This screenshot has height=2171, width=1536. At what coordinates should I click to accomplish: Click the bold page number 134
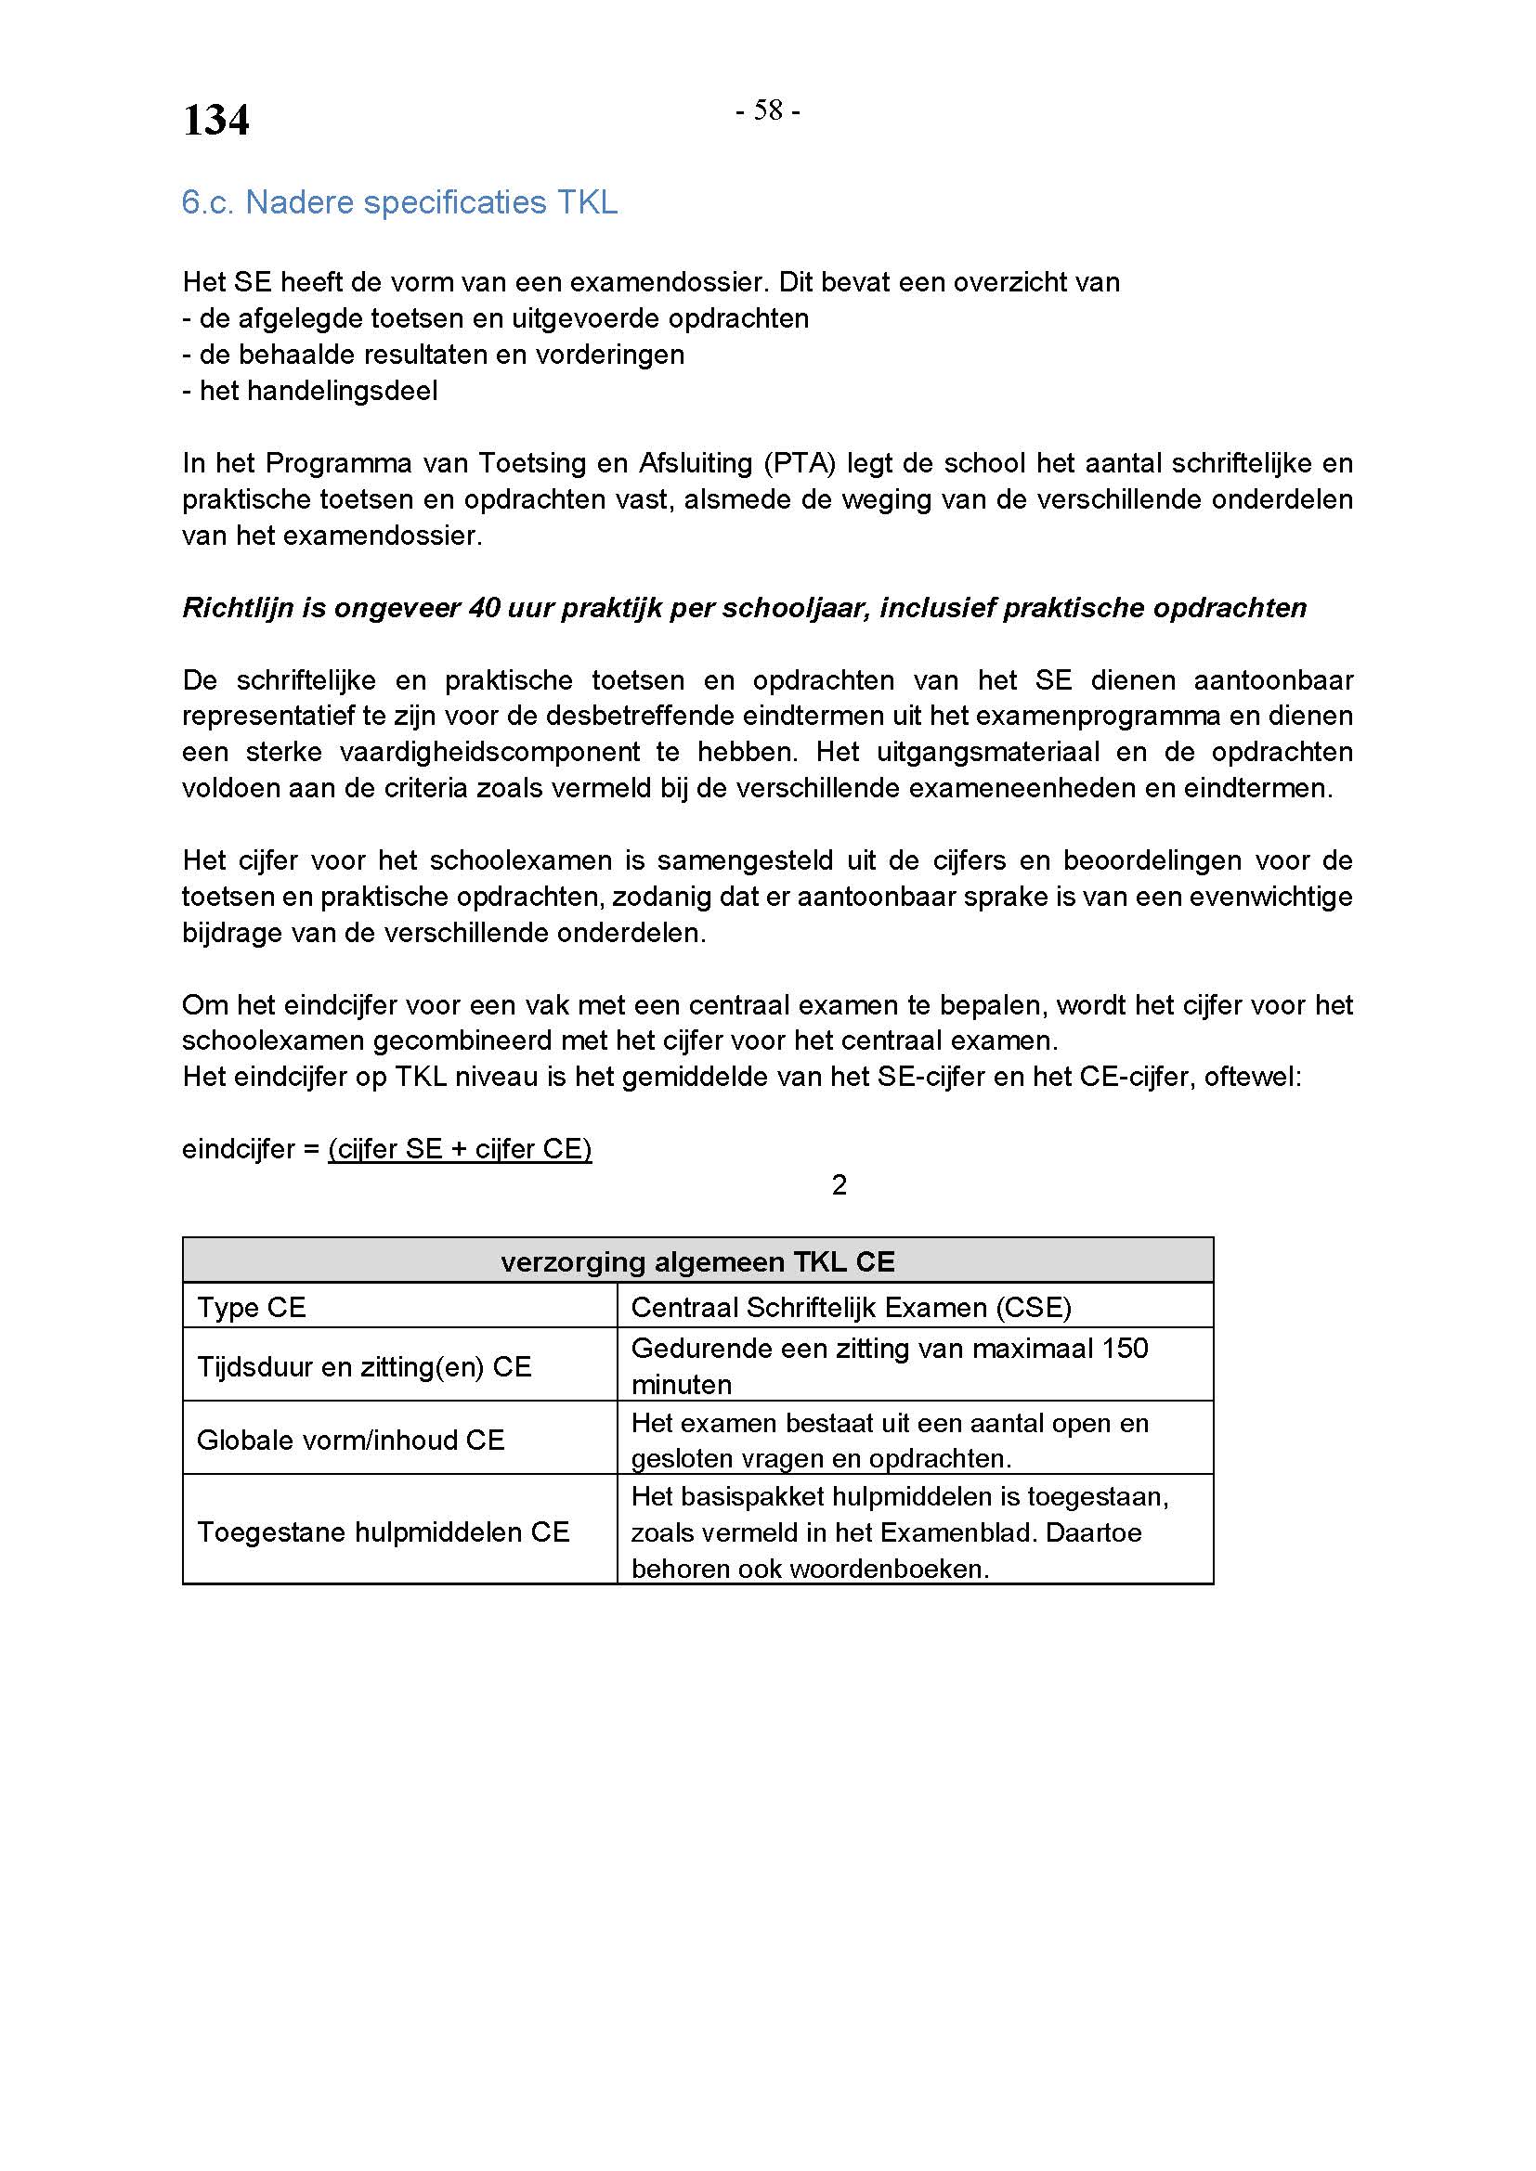[x=215, y=120]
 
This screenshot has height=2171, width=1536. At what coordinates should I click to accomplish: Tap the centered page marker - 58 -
[x=768, y=111]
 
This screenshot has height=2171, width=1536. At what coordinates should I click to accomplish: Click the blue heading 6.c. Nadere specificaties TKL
[x=399, y=202]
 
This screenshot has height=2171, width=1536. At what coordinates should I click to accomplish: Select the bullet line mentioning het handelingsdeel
[x=310, y=391]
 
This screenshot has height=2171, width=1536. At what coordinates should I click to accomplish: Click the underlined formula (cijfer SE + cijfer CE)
[x=460, y=1149]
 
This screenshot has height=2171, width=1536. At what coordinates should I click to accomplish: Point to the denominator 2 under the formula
[x=839, y=1185]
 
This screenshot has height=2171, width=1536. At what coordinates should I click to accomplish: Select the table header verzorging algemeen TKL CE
[x=697, y=1262]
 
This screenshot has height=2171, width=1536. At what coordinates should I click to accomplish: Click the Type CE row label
[x=252, y=1308]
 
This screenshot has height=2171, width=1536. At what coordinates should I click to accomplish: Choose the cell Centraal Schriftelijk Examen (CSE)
[x=851, y=1308]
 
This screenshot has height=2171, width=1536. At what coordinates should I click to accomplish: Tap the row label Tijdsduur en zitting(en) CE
[x=364, y=1366]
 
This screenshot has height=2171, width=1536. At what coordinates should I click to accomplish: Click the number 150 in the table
[x=1125, y=1349]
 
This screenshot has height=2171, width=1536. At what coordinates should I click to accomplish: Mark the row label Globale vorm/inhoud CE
[x=350, y=1441]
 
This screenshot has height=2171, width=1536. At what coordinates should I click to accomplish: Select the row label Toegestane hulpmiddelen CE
[x=383, y=1531]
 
